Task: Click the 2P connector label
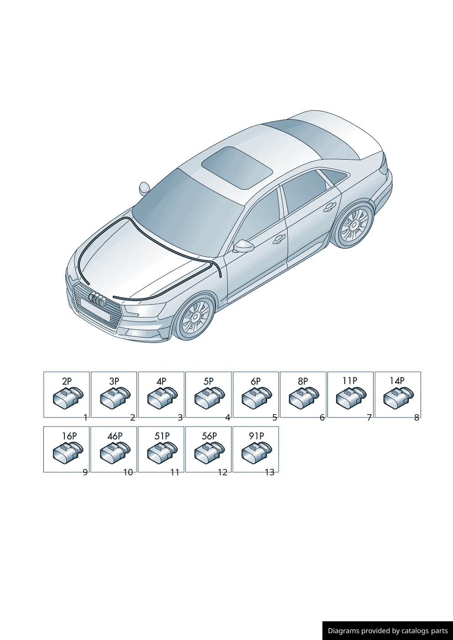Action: point(67,381)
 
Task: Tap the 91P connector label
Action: point(256,436)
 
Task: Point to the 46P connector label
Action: point(115,436)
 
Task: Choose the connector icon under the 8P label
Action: point(304,397)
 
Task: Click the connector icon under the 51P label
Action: point(162,452)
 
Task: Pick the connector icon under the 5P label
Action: point(210,397)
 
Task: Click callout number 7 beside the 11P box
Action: point(369,418)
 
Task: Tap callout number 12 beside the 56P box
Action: point(222,473)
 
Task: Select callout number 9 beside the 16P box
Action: point(85,473)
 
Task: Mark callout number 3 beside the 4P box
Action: point(180,418)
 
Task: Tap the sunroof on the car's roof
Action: point(237,168)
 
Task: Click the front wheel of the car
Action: point(195,316)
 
